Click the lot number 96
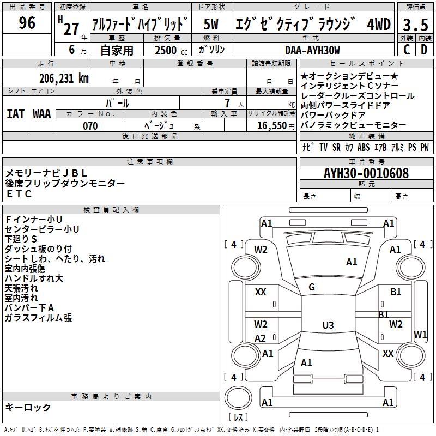coord(27,23)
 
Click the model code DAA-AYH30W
coord(312,50)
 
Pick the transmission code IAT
coord(15,114)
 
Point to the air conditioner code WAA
coord(42,114)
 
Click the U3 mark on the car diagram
coord(328,325)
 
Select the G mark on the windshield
coord(312,287)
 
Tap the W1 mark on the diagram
coord(420,334)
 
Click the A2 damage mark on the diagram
coord(261,338)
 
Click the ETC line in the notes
coord(20,193)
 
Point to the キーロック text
coord(28,407)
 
